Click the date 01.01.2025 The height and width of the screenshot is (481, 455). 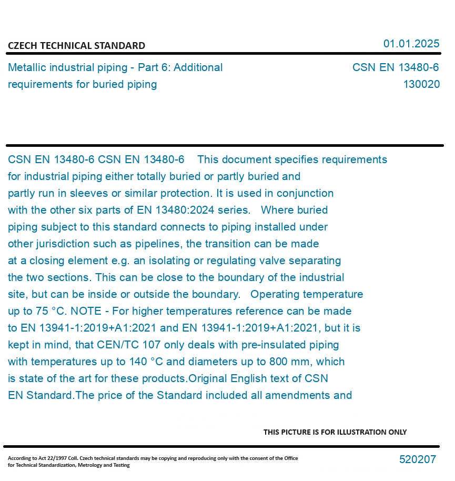pos(411,44)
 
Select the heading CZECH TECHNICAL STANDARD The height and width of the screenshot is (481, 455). pos(76,46)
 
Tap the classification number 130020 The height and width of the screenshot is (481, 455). pos(421,84)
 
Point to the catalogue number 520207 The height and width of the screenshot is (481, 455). pos(418,459)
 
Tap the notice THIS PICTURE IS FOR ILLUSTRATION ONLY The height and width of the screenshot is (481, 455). pos(335,432)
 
